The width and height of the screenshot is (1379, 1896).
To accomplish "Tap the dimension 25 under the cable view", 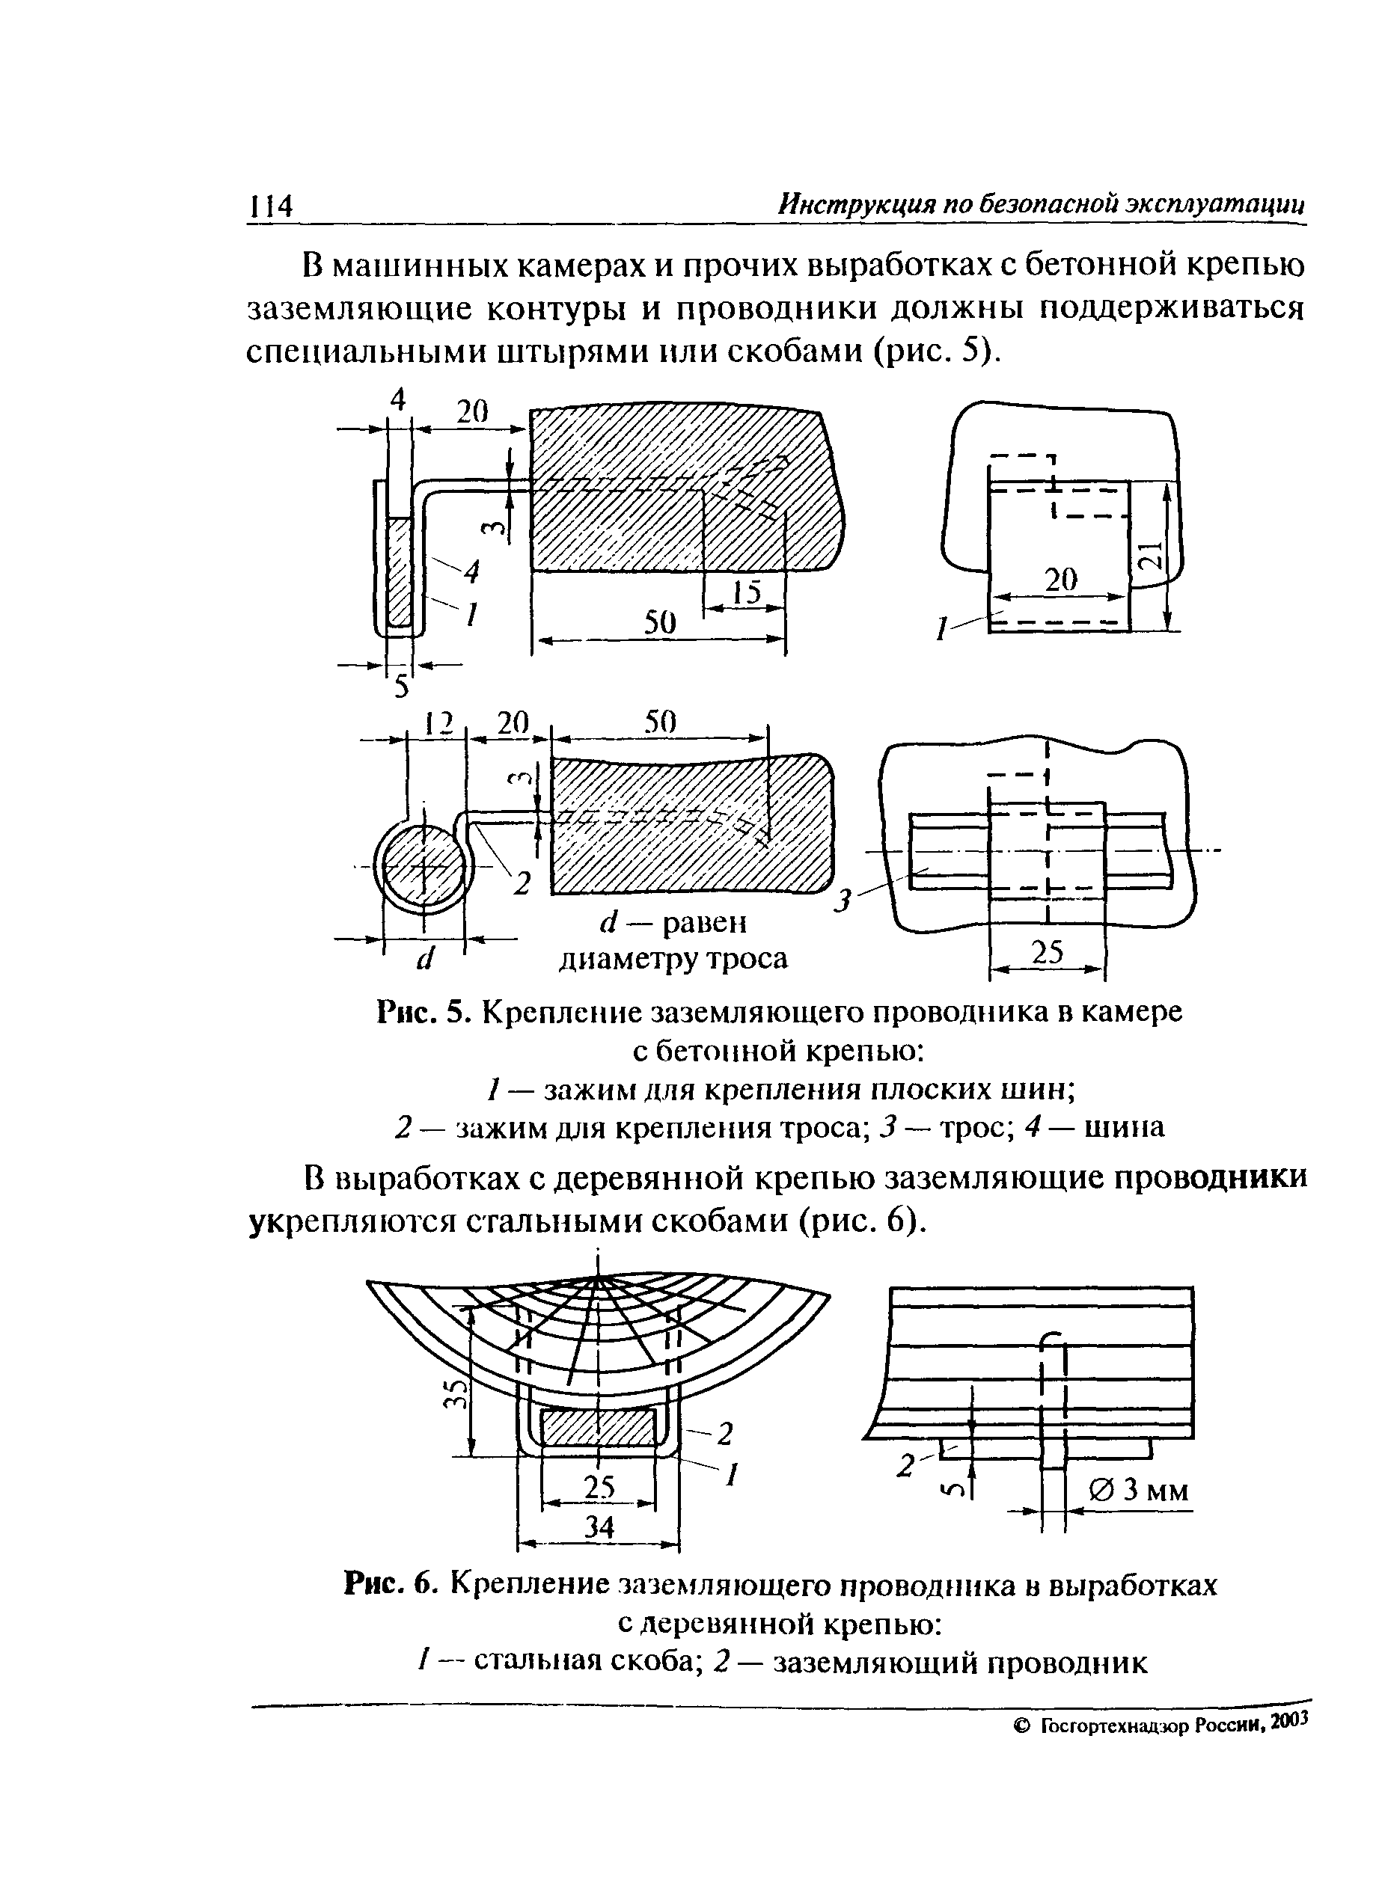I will [x=1048, y=952].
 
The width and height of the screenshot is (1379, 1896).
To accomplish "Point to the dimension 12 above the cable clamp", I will [x=436, y=722].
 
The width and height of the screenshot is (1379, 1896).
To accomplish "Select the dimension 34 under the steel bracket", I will [x=599, y=1527].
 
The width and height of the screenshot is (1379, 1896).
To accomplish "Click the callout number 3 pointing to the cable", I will [x=845, y=901].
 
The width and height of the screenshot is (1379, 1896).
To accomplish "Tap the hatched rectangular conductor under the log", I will [x=599, y=1427].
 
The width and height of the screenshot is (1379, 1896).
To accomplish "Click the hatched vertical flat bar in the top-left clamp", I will [x=400, y=571].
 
